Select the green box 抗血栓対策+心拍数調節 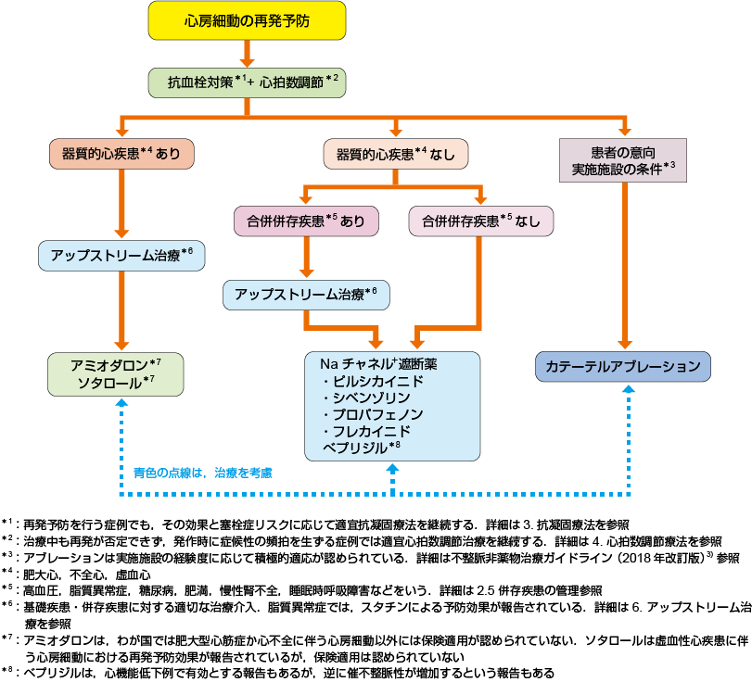[247, 82]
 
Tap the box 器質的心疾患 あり [121, 154]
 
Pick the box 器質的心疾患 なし [396, 154]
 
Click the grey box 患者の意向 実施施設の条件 [624, 159]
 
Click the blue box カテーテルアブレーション [624, 366]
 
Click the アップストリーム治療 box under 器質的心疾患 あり [121, 256]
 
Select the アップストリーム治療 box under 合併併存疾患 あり [306, 294]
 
